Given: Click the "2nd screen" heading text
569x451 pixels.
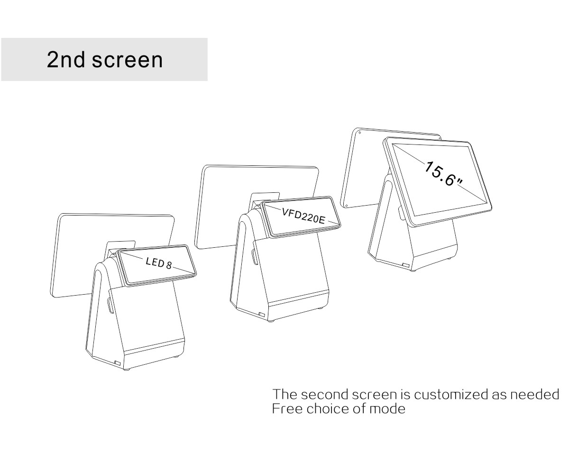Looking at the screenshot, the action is tap(105, 60).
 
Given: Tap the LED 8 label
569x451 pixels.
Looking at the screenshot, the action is tap(159, 262).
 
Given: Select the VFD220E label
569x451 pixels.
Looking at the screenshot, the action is tap(303, 216).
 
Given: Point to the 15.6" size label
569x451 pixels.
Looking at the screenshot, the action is tap(444, 173).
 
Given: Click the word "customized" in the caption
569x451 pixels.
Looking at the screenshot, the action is tap(451, 395).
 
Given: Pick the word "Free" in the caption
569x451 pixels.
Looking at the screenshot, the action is tap(287, 409).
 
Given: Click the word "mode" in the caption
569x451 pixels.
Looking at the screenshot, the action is tap(387, 409).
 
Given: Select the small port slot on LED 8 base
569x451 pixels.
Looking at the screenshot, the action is tap(118, 363).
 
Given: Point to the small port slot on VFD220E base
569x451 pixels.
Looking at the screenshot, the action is tap(262, 315).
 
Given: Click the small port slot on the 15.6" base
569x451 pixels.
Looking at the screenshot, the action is tap(406, 265).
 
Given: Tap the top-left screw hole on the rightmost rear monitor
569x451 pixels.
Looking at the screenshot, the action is tap(359, 133).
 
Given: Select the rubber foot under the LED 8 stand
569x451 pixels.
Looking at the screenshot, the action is tap(127, 370).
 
